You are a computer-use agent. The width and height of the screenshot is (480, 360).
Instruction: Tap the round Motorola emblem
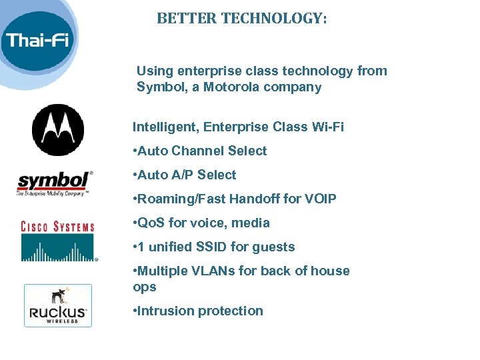pyautogui.click(x=58, y=130)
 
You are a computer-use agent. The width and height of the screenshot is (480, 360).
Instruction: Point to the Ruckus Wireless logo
pyautogui.click(x=58, y=305)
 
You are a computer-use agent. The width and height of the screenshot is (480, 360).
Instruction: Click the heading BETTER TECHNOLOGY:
pyautogui.click(x=242, y=19)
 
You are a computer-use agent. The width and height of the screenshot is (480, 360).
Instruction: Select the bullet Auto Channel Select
pyautogui.click(x=200, y=151)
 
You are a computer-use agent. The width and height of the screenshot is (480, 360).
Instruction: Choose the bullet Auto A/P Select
pyautogui.click(x=185, y=175)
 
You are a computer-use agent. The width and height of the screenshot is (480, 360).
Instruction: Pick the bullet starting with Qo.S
pyautogui.click(x=201, y=223)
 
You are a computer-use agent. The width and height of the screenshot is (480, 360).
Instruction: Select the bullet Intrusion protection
pyautogui.click(x=198, y=311)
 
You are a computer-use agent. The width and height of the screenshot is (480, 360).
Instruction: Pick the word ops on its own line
pyautogui.click(x=145, y=287)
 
